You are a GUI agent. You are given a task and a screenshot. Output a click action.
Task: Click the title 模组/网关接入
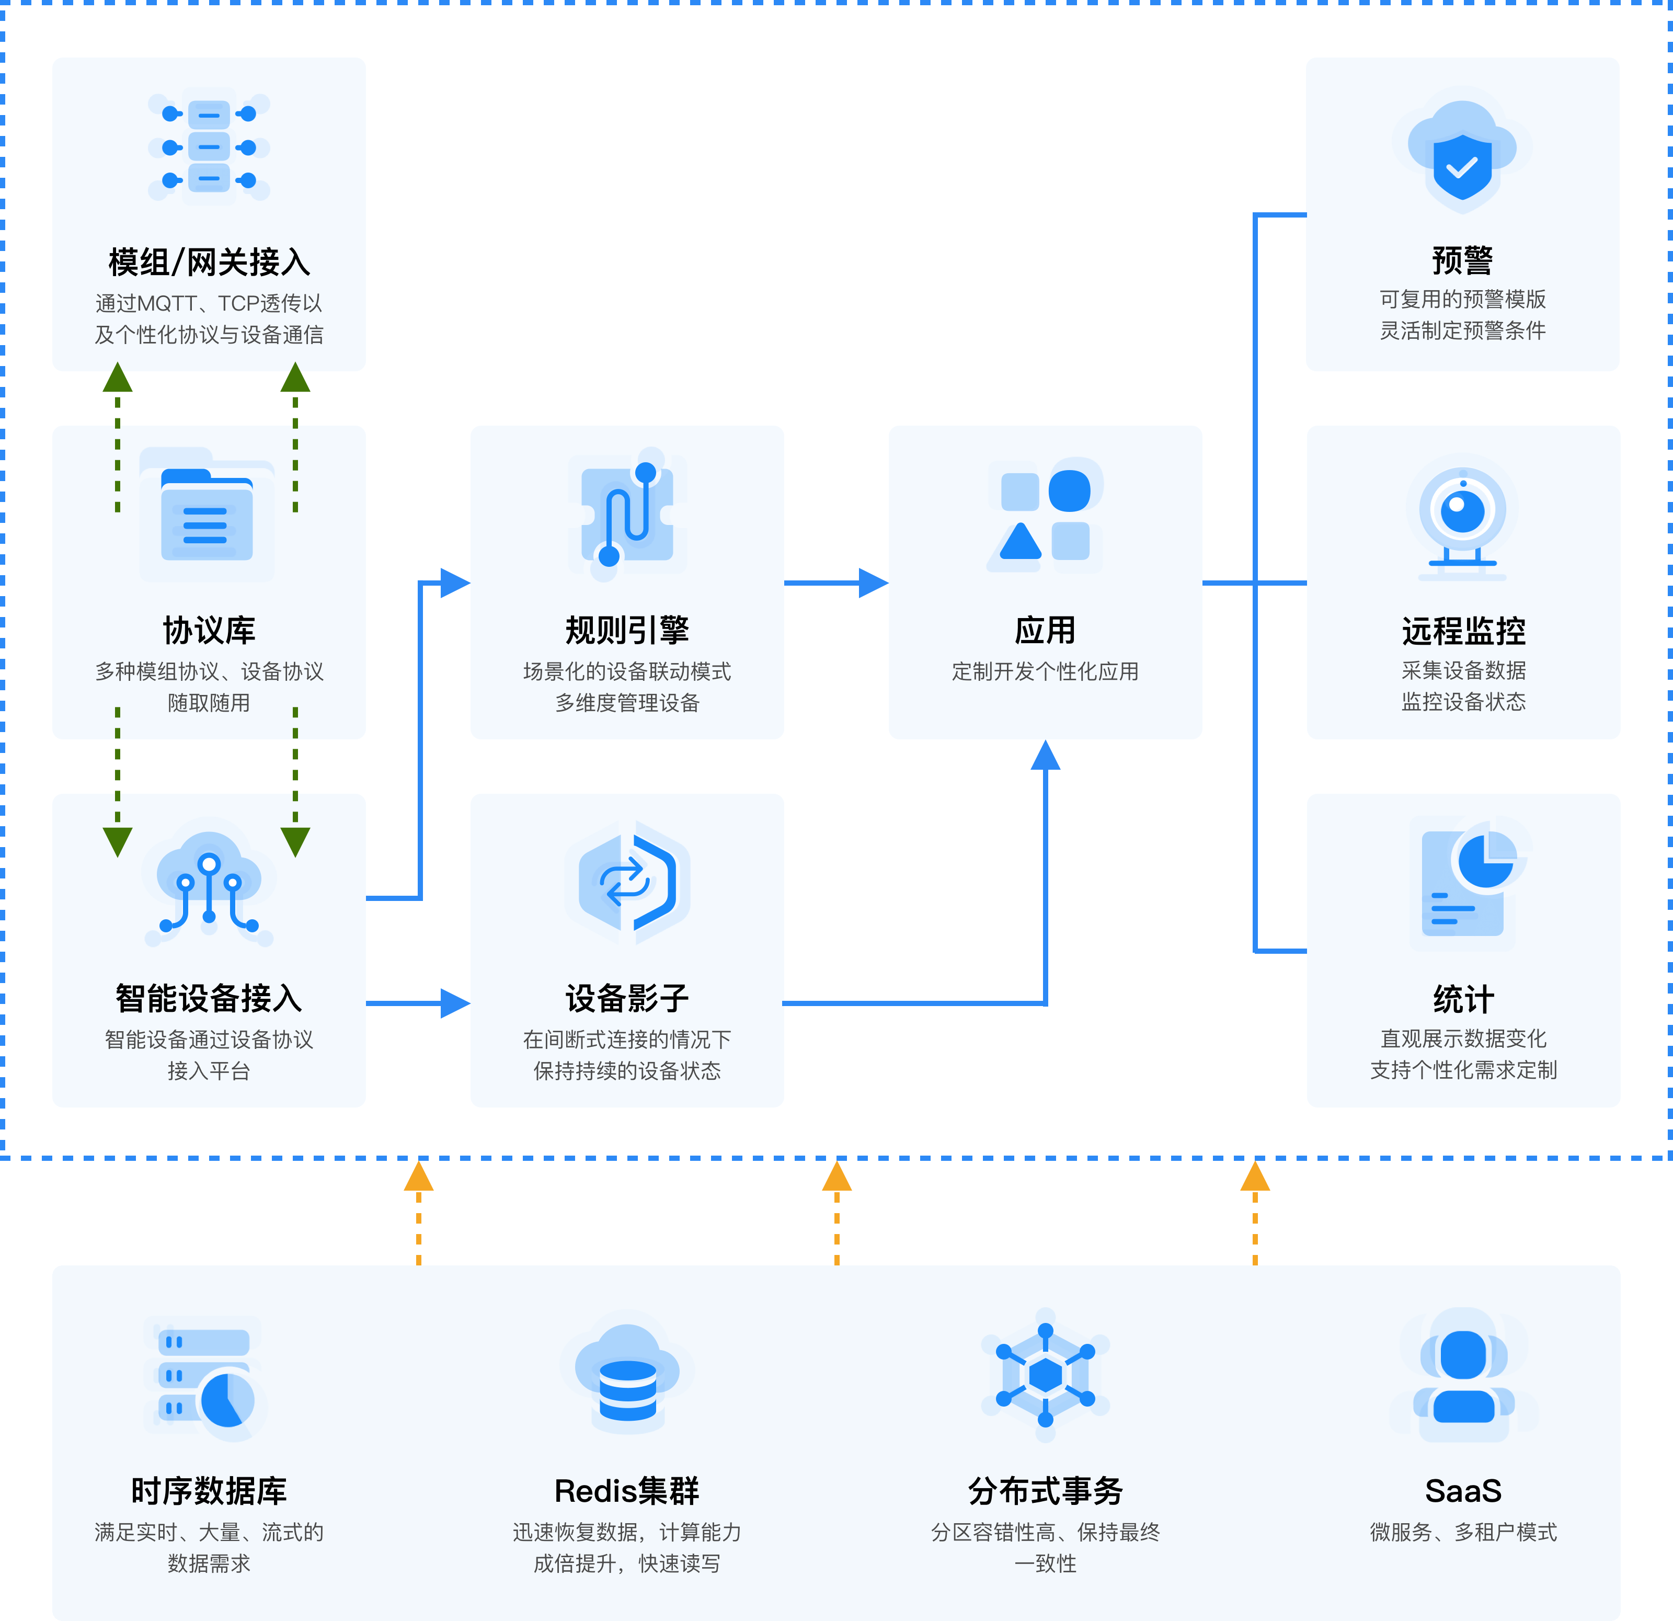tap(209, 262)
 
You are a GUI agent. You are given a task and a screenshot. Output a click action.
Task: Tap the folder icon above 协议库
tap(208, 515)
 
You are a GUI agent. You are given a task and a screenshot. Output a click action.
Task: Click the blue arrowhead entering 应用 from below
tap(1045, 756)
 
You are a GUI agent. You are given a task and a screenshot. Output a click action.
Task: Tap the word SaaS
tap(1463, 1490)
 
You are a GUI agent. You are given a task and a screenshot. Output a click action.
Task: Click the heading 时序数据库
tap(209, 1490)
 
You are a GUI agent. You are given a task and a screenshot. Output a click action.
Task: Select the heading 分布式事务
tap(1045, 1490)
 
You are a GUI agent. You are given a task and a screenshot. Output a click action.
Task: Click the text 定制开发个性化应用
tap(1045, 672)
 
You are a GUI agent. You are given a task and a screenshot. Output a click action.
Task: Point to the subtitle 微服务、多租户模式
tap(1463, 1532)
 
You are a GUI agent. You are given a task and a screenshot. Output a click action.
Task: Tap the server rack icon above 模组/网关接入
tap(209, 147)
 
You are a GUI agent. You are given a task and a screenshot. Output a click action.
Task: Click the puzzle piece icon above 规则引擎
tap(627, 515)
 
